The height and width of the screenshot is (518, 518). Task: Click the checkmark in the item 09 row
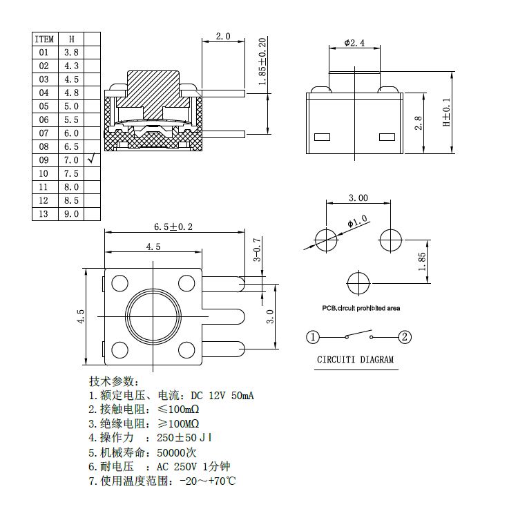91,160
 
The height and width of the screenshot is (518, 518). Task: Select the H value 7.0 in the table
71,160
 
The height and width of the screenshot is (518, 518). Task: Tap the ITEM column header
44,39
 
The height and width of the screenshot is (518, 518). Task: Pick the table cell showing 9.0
71,214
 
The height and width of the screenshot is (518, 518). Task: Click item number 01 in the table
44,52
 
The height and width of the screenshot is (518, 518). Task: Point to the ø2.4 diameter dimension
354,44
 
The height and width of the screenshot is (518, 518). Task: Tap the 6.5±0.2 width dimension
173,227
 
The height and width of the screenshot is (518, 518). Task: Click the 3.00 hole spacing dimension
358,198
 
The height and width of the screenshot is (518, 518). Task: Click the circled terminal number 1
313,337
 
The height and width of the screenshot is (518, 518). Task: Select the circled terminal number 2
405,337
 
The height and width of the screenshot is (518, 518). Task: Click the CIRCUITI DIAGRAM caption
355,360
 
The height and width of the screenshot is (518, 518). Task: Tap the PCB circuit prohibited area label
361,308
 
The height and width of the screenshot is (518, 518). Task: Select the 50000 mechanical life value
177,452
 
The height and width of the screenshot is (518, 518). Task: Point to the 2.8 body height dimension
419,124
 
